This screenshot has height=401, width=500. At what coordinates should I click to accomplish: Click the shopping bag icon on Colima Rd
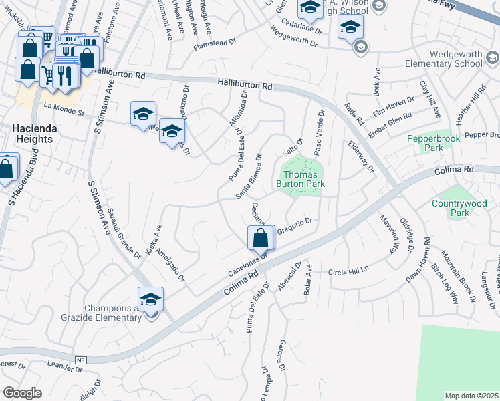coord(260,238)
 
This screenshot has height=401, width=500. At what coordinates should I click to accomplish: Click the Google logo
coord(22,393)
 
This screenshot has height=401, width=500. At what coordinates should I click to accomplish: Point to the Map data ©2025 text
coord(471,396)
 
